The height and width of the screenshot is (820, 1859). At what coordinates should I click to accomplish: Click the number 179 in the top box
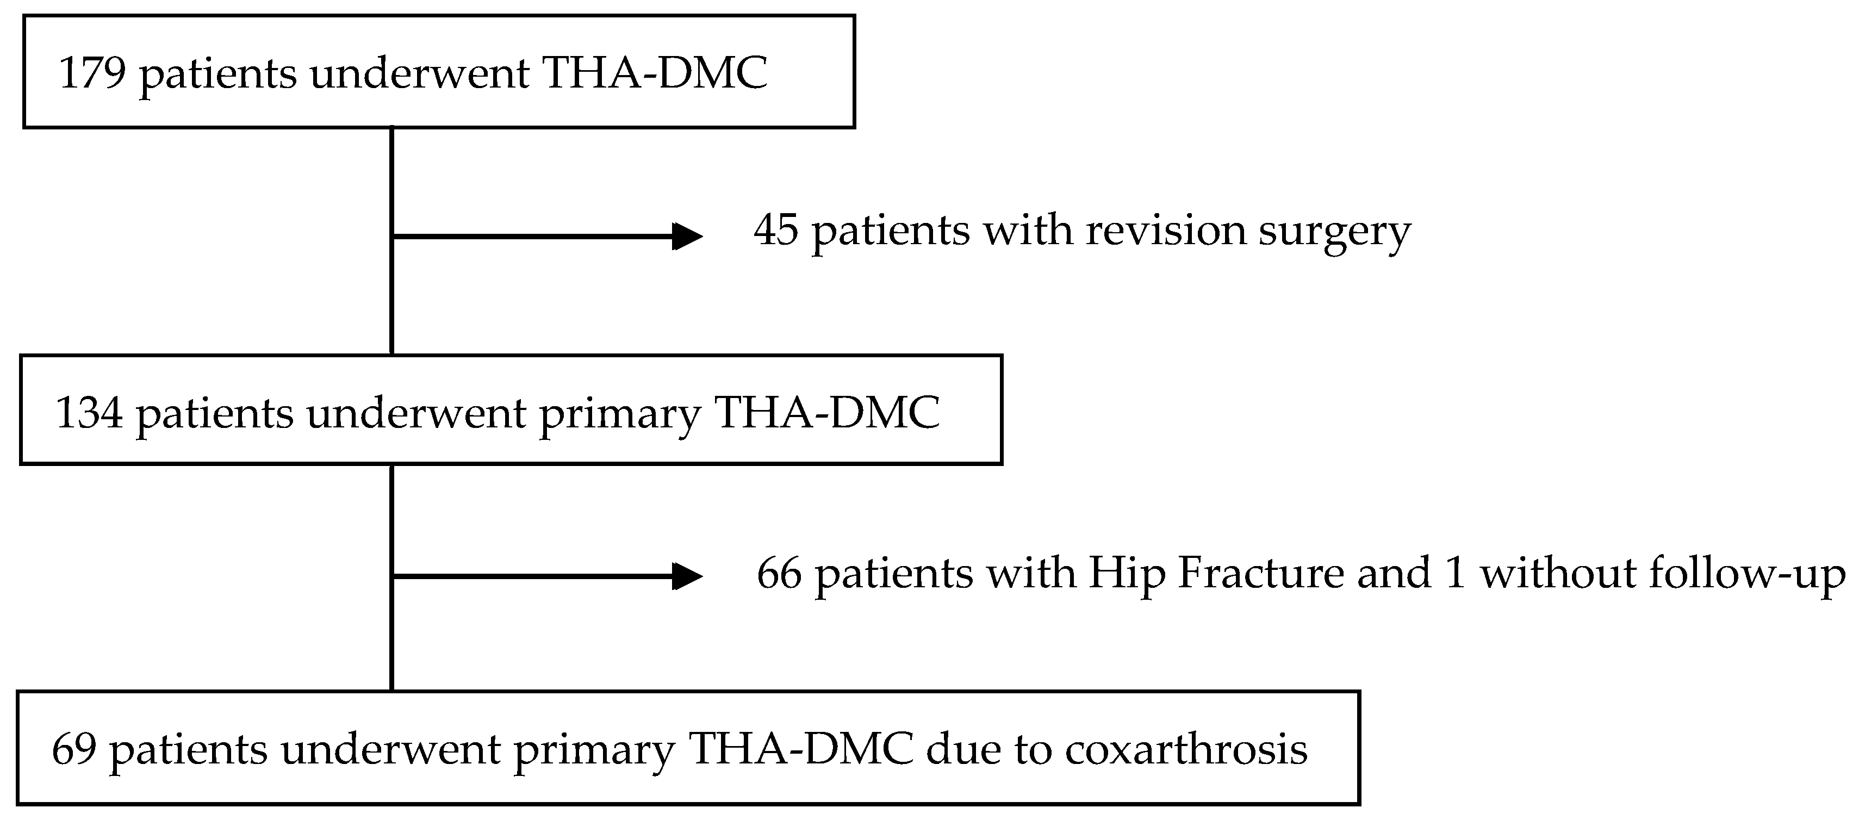92,73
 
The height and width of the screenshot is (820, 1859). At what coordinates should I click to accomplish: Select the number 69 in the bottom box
74,749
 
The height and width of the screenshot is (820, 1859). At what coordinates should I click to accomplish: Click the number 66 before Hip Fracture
779,574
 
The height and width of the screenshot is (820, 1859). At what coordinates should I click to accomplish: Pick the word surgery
1335,234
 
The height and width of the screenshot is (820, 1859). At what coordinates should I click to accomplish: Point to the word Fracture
1261,574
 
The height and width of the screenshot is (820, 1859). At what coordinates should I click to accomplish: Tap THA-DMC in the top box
655,73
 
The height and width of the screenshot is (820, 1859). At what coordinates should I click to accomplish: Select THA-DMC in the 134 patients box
827,413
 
